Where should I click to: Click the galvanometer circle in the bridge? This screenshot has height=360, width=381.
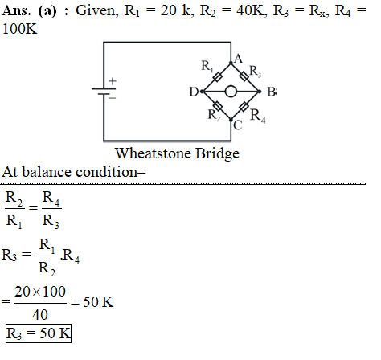click(x=231, y=92)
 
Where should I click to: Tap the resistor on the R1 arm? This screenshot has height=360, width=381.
click(x=218, y=77)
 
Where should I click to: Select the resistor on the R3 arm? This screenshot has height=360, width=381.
click(x=244, y=76)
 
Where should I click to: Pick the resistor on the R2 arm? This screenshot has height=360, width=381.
click(x=218, y=106)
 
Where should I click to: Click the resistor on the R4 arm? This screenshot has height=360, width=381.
click(x=244, y=106)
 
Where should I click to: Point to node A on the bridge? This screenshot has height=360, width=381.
click(x=231, y=63)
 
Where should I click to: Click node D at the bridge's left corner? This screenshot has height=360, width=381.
click(x=203, y=92)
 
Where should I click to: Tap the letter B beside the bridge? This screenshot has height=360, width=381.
click(x=271, y=92)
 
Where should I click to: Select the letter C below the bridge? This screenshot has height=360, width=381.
click(x=238, y=125)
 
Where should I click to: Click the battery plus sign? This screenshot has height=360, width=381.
click(x=113, y=81)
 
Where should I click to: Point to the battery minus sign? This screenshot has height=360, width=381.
click(x=113, y=98)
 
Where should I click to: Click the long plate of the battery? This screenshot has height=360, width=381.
click(x=104, y=88)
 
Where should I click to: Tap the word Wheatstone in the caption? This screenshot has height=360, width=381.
click(x=153, y=153)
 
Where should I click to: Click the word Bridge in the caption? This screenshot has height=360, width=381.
click(x=217, y=153)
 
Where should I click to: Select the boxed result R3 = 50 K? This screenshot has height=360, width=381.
click(x=39, y=333)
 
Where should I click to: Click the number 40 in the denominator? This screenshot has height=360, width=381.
click(x=40, y=314)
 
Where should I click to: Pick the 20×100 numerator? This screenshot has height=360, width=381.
click(x=40, y=292)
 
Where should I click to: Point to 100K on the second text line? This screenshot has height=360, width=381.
click(x=19, y=29)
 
